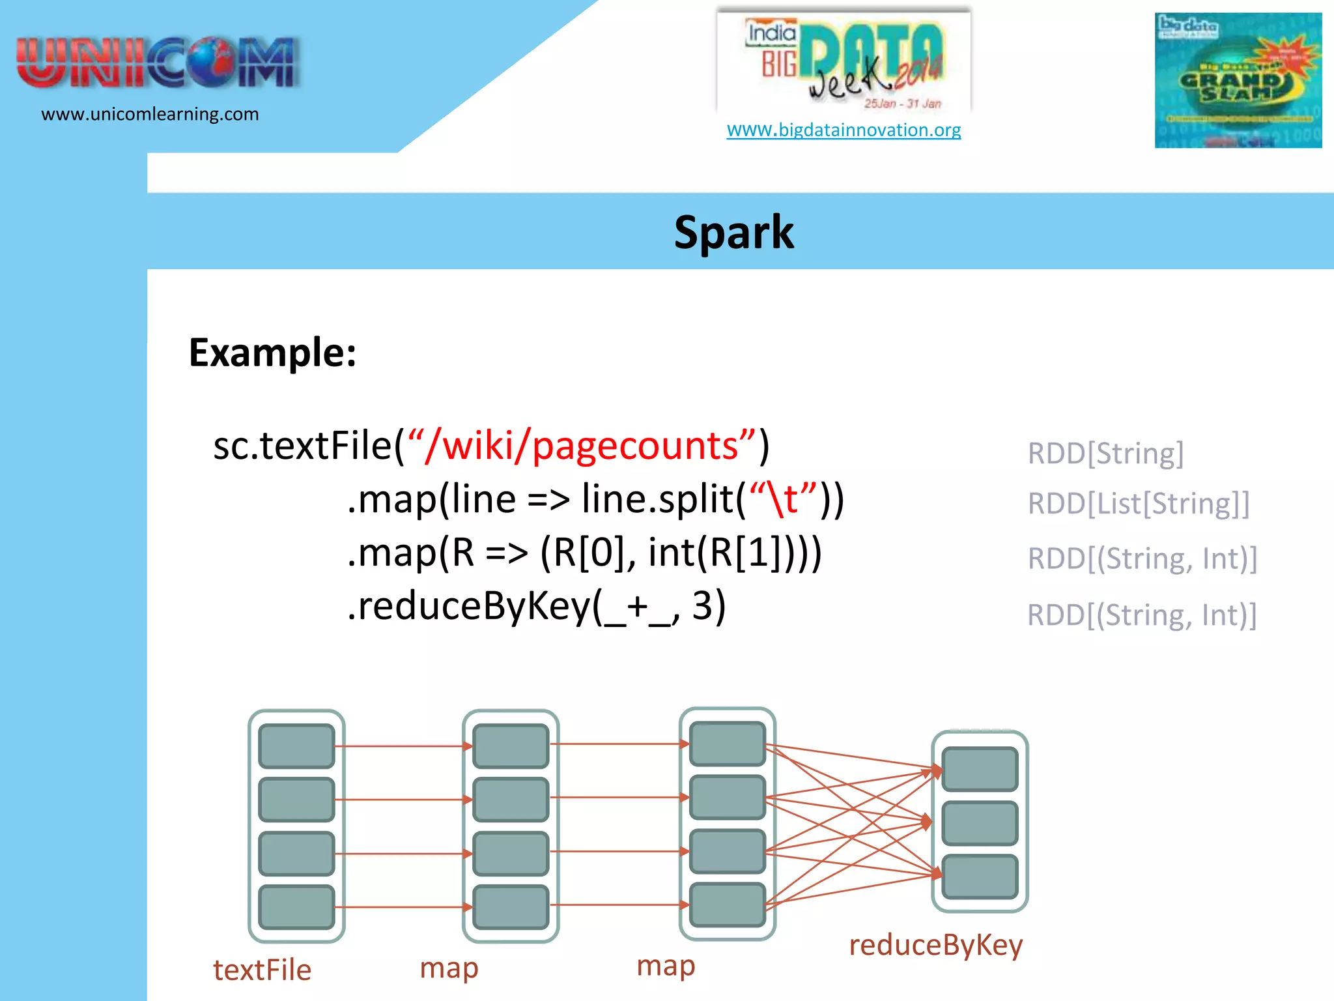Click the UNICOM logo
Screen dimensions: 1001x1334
pyautogui.click(x=158, y=63)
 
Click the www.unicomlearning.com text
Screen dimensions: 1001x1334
pyautogui.click(x=150, y=114)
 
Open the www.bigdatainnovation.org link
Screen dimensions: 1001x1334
pyautogui.click(x=844, y=130)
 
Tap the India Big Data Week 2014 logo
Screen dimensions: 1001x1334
pyautogui.click(x=844, y=62)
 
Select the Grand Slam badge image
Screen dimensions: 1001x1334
pyautogui.click(x=1238, y=80)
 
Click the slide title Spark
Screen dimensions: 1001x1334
pyautogui.click(x=733, y=232)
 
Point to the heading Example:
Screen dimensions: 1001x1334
pyautogui.click(x=272, y=353)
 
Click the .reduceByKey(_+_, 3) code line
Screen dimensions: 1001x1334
pyautogui.click(x=536, y=606)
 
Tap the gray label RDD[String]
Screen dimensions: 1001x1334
pyautogui.click(x=1105, y=453)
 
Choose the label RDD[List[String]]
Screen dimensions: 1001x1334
pyautogui.click(x=1138, y=503)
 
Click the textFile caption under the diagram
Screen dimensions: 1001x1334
pyautogui.click(x=262, y=970)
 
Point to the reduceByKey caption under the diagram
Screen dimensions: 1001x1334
pyautogui.click(x=935, y=945)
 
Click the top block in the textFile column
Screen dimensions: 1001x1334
pyautogui.click(x=296, y=746)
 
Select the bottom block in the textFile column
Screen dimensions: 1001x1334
pyautogui.click(x=296, y=907)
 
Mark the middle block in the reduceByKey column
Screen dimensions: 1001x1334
pyautogui.click(x=979, y=823)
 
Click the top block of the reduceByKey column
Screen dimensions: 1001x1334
pyautogui.click(x=979, y=769)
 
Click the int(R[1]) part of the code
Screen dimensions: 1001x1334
pyautogui.click(x=723, y=553)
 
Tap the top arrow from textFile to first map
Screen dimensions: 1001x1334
pyautogui.click(x=404, y=746)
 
